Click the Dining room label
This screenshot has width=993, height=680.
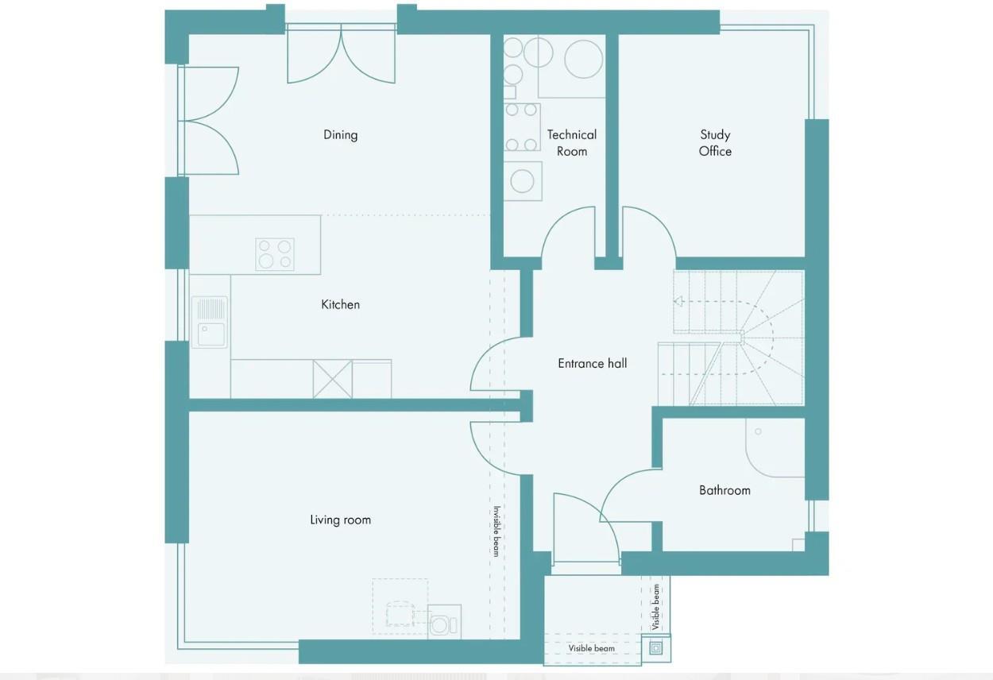(x=340, y=135)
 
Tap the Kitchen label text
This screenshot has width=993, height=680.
(x=340, y=304)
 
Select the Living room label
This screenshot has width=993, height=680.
(x=340, y=520)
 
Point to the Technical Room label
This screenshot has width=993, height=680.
(x=571, y=143)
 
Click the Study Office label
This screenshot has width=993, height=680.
(x=715, y=143)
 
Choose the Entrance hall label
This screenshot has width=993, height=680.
(x=592, y=364)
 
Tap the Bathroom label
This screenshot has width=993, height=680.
(x=724, y=491)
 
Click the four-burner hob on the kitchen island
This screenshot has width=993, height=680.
(x=275, y=254)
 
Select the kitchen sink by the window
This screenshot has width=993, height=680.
(x=210, y=323)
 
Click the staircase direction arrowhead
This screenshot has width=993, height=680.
(x=678, y=301)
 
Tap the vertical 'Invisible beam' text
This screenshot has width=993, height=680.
(x=496, y=531)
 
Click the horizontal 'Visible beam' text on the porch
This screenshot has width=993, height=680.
(x=591, y=648)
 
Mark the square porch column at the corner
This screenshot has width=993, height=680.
(x=655, y=648)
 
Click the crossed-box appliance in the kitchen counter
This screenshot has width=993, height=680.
(x=332, y=379)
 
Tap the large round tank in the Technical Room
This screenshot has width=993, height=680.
(x=583, y=60)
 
